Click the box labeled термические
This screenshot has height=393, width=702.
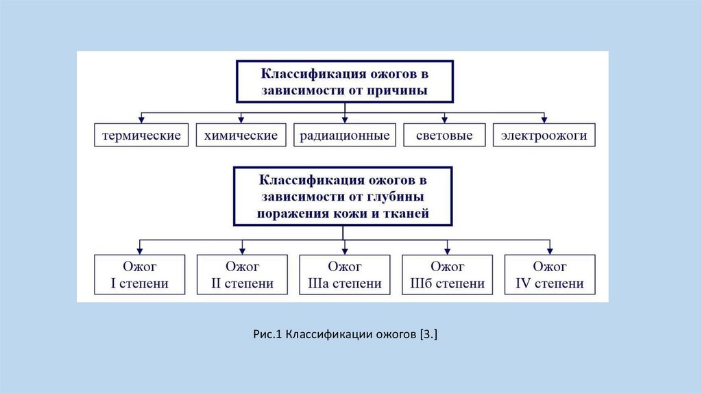tap(141, 135)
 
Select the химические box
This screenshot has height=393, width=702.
tap(241, 135)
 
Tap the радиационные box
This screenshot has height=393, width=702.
tap(345, 135)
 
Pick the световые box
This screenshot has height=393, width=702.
tap(444, 135)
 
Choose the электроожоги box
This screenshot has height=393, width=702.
tap(544, 135)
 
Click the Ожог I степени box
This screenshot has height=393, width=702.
tap(140, 275)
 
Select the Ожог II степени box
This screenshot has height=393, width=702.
tap(242, 275)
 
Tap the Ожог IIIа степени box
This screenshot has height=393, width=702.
tap(345, 275)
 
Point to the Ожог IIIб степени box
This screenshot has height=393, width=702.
tap(447, 275)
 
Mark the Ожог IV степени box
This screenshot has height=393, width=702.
tap(550, 275)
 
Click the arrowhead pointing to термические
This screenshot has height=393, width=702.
tap(141, 119)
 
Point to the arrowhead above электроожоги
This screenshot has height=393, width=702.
tap(544, 119)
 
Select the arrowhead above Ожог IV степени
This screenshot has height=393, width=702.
tap(550, 251)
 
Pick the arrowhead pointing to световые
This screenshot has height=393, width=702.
tap(444, 119)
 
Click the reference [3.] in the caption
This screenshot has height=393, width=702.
tap(428, 334)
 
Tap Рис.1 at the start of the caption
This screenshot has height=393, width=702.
tap(267, 334)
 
